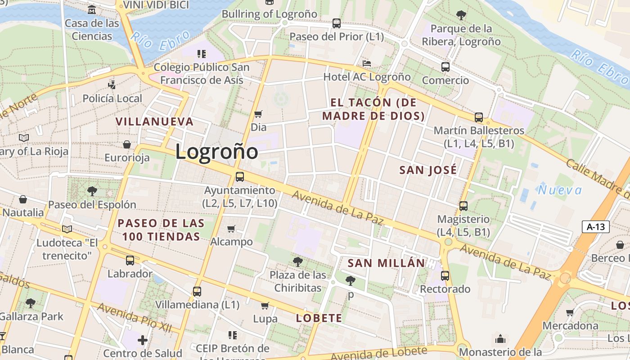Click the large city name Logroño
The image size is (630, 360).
(216, 152)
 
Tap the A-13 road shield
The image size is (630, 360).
(596, 227)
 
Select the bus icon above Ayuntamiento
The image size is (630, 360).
(240, 177)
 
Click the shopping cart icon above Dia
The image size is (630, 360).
(258, 114)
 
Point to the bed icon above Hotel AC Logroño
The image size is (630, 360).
(367, 63)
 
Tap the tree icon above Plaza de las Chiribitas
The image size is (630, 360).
(297, 261)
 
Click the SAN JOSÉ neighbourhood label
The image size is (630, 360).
(428, 170)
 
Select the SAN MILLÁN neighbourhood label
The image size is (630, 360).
(387, 263)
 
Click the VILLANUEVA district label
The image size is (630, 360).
(155, 121)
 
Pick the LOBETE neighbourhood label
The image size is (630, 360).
(319, 318)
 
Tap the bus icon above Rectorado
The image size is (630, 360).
(445, 276)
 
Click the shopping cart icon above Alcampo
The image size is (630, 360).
(231, 229)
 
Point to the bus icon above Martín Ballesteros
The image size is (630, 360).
(479, 117)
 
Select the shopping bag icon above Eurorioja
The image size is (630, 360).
(127, 144)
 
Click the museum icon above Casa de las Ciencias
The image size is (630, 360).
(92, 9)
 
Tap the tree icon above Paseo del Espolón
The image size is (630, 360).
(92, 191)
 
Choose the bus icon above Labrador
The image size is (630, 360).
(130, 260)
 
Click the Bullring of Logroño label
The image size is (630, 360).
(270, 14)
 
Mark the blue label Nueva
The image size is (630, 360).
(560, 190)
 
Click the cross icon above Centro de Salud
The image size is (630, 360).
(143, 340)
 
